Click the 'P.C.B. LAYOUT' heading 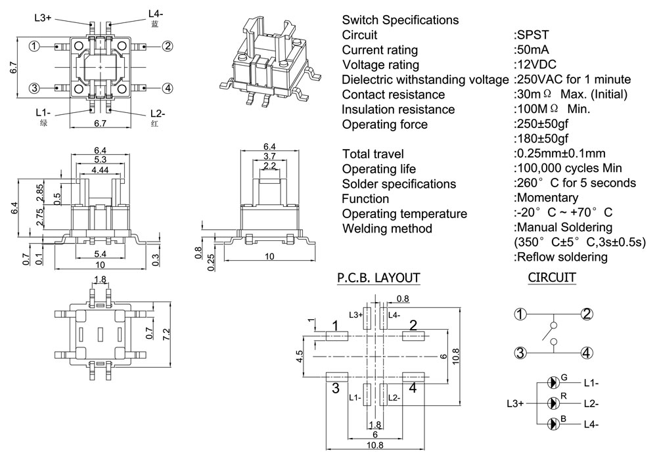(378, 278)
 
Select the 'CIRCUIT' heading (552, 278)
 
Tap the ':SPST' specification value (531, 35)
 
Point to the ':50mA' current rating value (532, 50)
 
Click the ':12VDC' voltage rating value (535, 65)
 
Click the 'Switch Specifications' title (400, 20)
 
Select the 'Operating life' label (379, 169)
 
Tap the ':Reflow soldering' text (560, 257)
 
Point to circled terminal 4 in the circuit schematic (587, 353)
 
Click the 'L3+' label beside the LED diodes (516, 403)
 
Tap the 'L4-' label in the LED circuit (591, 424)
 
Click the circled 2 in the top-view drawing (168, 46)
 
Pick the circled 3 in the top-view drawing (35, 89)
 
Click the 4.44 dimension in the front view (100, 169)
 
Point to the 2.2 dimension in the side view (269, 165)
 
